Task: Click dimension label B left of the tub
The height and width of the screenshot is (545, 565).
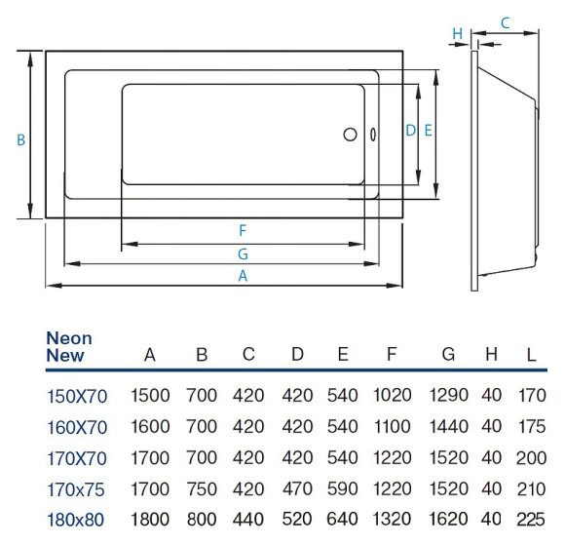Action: coord(20,139)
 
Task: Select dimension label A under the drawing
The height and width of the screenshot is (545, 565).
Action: coord(244,276)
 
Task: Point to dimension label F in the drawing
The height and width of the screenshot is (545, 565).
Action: coord(243,231)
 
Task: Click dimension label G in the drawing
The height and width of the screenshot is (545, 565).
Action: coord(243,253)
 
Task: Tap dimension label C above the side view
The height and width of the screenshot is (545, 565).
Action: coord(506,22)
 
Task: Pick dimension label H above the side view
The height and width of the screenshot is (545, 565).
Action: coord(457,34)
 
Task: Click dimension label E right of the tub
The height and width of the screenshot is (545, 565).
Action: coord(428,130)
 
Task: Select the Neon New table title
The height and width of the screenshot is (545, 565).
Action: coord(69,347)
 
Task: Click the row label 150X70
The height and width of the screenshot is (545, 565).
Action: coord(77,396)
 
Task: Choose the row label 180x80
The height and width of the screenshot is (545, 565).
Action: coord(77,519)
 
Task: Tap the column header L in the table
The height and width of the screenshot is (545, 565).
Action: coord(531,355)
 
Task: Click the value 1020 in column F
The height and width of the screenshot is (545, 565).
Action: coord(392,396)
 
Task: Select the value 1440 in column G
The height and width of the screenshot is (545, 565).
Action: coord(448,426)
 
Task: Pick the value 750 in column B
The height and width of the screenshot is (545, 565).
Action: coord(202,487)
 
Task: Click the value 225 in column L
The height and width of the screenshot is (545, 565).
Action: coord(531,519)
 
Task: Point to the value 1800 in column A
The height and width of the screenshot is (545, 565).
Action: coord(150,519)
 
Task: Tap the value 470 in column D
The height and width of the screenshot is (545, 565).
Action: coord(297,487)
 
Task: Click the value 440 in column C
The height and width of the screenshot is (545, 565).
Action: coord(248,519)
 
